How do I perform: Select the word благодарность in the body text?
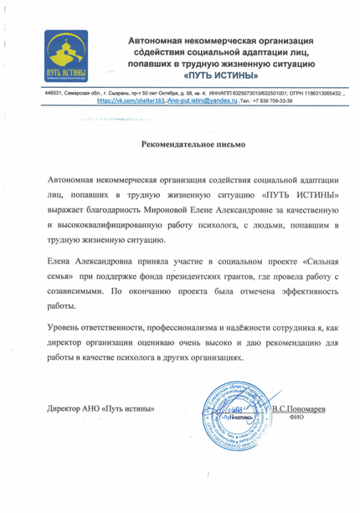tap(140, 211)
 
